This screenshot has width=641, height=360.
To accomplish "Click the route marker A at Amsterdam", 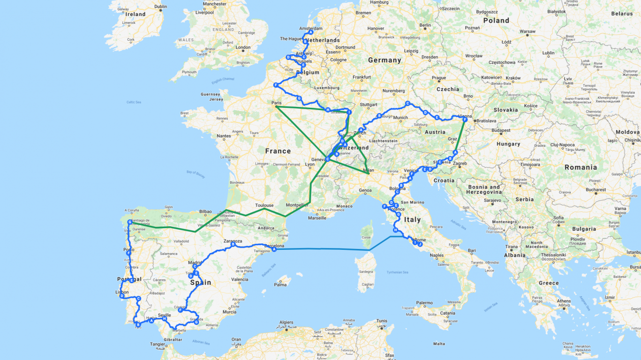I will pyautogui.click(x=311, y=32).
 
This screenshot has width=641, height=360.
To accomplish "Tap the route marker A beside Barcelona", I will pyautogui.click(x=274, y=249).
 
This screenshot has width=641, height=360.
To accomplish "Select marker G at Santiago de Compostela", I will pyautogui.click(x=129, y=222).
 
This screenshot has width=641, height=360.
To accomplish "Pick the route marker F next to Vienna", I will pyautogui.click(x=465, y=120).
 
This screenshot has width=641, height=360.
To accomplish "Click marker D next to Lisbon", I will pyautogui.click(x=121, y=296).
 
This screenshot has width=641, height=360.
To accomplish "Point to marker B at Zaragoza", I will pyautogui.click(x=233, y=244).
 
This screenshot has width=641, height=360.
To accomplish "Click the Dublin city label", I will pyautogui.click(x=160, y=7).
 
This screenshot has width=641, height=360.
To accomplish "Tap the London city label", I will pyautogui.click(x=243, y=47).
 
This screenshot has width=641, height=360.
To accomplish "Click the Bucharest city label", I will pyautogui.click(x=594, y=190).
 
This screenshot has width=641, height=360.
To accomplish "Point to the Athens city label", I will pyautogui.click(x=563, y=301).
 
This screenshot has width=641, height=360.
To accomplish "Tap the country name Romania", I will pyautogui.click(x=581, y=167).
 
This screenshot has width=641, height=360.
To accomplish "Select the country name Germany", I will pyautogui.click(x=385, y=60).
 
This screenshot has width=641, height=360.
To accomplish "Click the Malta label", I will pyautogui.click(x=439, y=344).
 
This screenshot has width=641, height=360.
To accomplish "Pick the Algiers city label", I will pyautogui.click(x=286, y=322).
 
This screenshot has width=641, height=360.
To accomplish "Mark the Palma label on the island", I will pyautogui.click(x=280, y=285).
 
